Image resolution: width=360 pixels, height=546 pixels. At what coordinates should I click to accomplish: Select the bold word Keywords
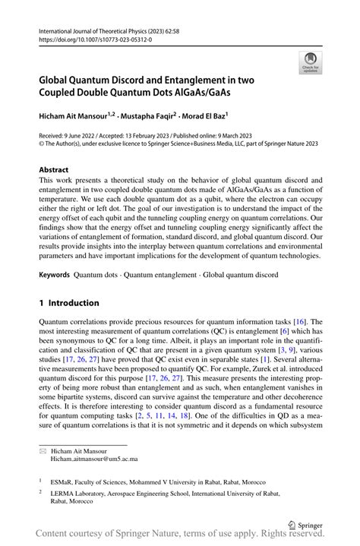tap(54, 273)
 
